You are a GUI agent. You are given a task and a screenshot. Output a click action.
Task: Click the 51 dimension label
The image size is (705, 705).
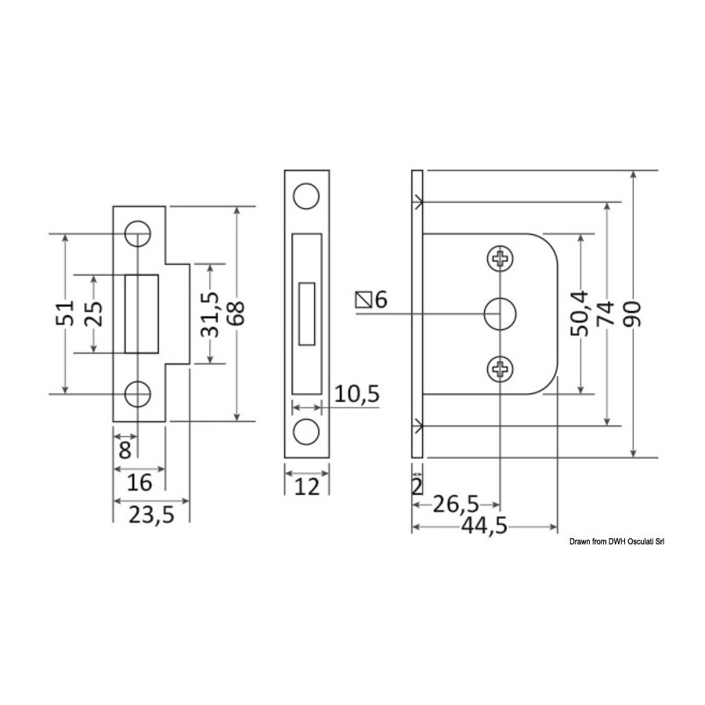[64, 313]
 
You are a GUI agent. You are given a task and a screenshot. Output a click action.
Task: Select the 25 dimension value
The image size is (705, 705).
[94, 313]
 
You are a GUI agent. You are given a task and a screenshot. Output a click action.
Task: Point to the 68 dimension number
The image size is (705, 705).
[236, 313]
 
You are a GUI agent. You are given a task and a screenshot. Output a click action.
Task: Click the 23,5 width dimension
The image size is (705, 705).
[151, 515]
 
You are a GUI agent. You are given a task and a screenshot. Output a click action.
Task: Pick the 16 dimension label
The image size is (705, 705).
[139, 483]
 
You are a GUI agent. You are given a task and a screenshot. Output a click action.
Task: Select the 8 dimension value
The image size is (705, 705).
[125, 450]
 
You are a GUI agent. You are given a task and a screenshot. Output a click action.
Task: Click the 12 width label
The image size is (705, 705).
[306, 487]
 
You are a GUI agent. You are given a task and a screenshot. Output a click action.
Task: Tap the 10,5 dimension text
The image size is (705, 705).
[357, 394]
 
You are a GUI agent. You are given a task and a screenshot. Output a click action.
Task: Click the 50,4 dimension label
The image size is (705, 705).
[579, 314]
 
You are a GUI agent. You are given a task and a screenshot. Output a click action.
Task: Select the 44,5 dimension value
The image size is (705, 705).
[484, 526]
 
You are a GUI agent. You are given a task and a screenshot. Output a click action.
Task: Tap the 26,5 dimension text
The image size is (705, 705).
[456, 504]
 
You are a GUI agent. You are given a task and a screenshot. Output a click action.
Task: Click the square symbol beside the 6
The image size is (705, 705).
[363, 300]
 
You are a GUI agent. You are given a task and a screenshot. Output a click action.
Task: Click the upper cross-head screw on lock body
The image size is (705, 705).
[500, 258]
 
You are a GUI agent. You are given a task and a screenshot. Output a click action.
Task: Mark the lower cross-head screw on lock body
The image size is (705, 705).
[500, 369]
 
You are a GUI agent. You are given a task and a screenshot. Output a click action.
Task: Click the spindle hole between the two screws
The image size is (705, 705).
[500, 314]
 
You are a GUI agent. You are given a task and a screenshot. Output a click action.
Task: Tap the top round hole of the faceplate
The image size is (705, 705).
[306, 196]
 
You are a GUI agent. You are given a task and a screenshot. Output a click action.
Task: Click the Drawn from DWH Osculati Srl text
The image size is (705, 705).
[616, 542]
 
